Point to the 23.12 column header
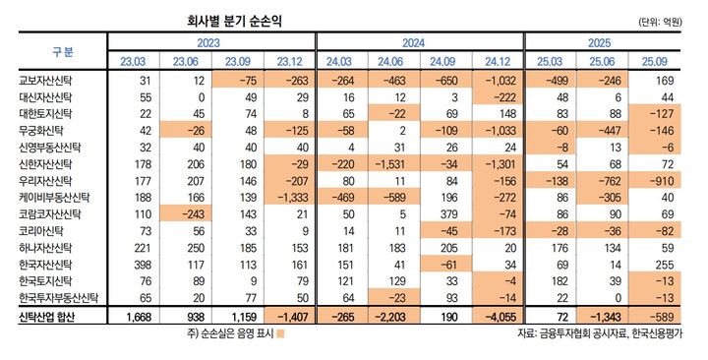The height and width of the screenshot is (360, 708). pyautogui.click(x=289, y=62)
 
